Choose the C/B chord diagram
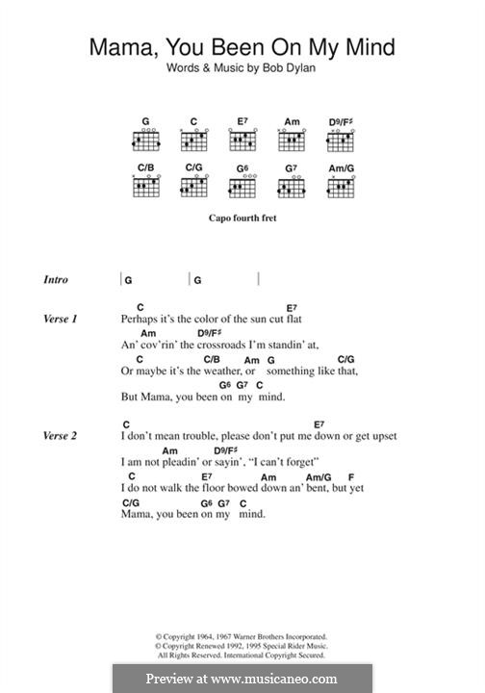[x=146, y=187]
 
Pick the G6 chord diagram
[x=242, y=187]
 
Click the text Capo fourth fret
[x=242, y=218]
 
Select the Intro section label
[x=56, y=280]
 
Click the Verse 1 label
[x=60, y=319]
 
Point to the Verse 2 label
[x=60, y=436]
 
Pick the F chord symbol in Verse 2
[x=351, y=476]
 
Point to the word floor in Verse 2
[x=220, y=488]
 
